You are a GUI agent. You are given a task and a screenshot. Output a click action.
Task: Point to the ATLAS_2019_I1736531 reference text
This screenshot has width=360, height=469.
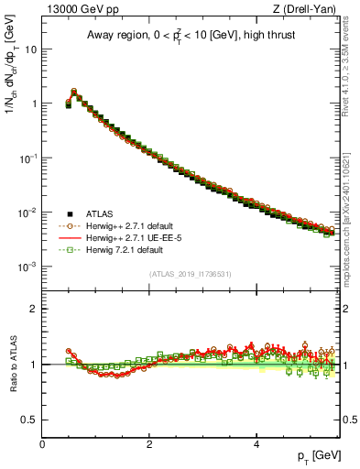point(191,275)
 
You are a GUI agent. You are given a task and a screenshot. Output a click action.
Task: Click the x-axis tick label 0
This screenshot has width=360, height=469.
point(42,443)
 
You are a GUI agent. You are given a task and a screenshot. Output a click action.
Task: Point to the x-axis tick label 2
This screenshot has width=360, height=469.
point(149,443)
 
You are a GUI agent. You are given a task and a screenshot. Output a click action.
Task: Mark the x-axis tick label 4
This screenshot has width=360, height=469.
point(256,443)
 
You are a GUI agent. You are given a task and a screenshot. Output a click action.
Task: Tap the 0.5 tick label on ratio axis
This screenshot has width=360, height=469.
point(28,420)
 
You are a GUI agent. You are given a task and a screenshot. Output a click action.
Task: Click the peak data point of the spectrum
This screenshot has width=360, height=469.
point(74,92)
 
